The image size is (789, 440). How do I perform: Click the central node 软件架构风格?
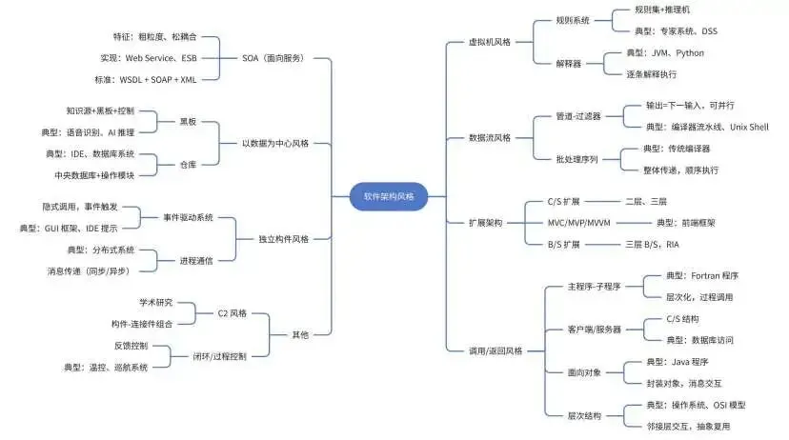pyautogui.click(x=389, y=196)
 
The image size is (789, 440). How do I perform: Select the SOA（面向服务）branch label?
pyautogui.click(x=273, y=58)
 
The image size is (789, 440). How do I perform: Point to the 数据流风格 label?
pyautogui.click(x=490, y=137)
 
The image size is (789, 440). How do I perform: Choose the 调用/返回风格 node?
pyautogui.click(x=496, y=351)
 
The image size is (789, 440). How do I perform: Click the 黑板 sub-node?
pyautogui.click(x=188, y=122)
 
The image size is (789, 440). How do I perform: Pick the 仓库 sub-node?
pyautogui.click(x=188, y=164)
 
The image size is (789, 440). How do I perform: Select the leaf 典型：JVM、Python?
pyautogui.click(x=664, y=53)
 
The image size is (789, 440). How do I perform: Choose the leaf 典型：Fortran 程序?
pyautogui.click(x=702, y=276)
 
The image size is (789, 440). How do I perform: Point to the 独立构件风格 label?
pyautogui.click(x=284, y=239)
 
